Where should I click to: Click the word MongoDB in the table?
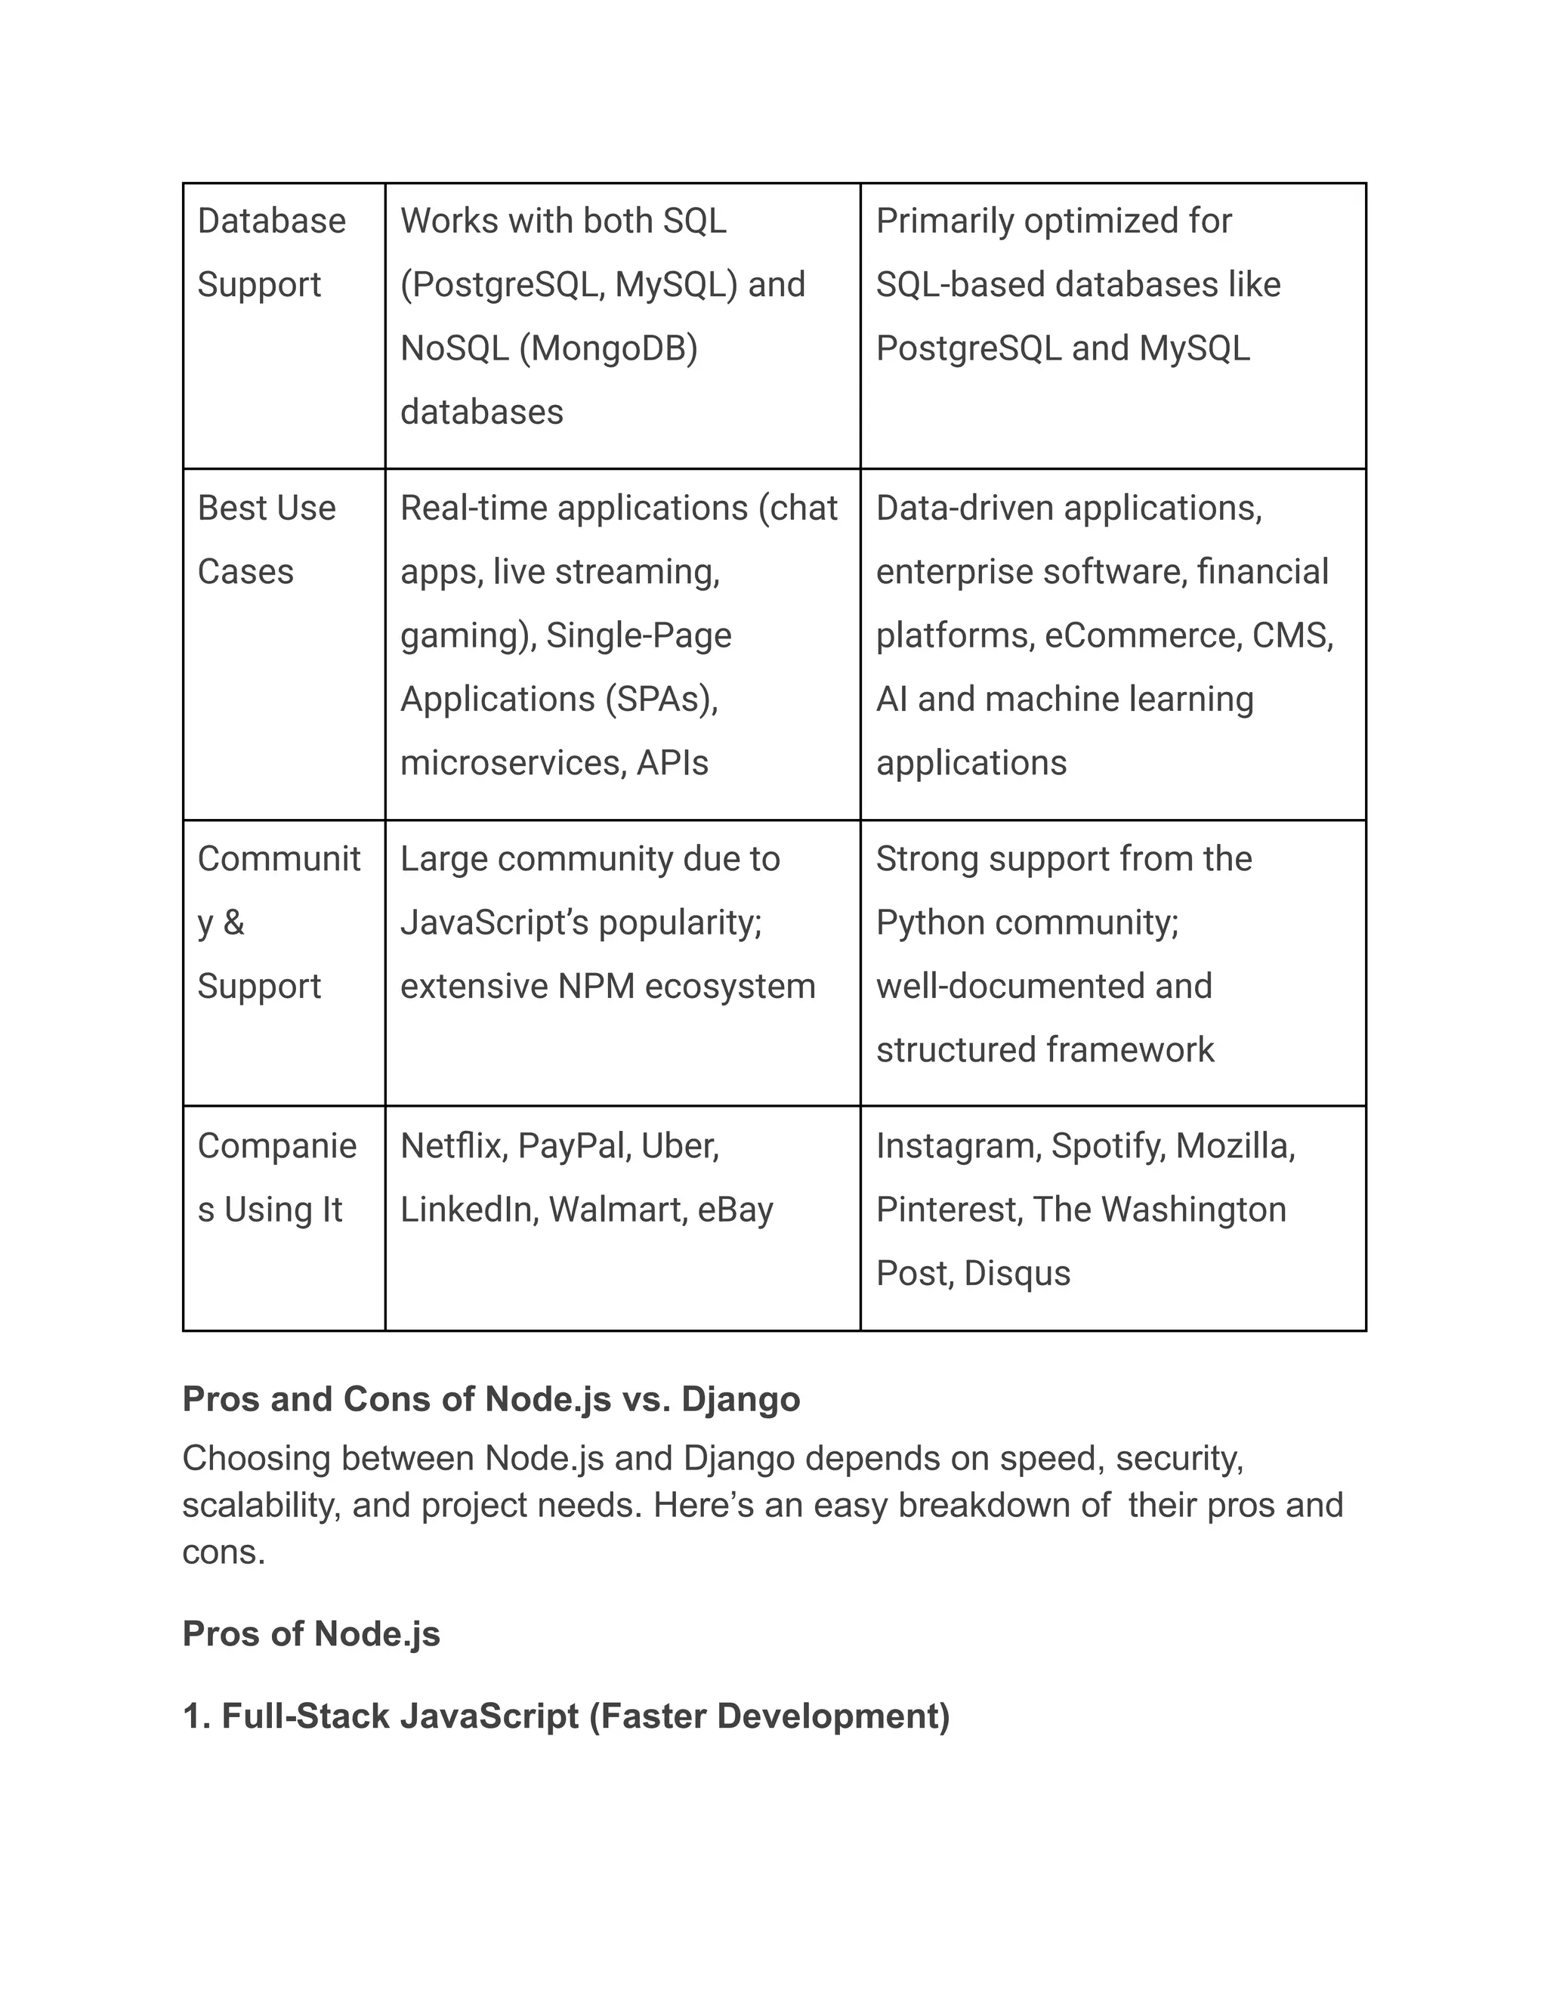pyautogui.click(x=607, y=349)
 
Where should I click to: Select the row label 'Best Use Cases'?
pyautogui.click(x=266, y=540)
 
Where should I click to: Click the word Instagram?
pyautogui.click(x=958, y=1147)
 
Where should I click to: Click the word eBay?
pyautogui.click(x=735, y=1210)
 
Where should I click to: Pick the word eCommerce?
pyautogui.click(x=1141, y=636)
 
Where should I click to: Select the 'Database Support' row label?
pyautogui.click(x=271, y=253)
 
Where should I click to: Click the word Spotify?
pyautogui.click(x=1107, y=1147)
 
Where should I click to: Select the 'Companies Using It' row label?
pyautogui.click(x=276, y=1178)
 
